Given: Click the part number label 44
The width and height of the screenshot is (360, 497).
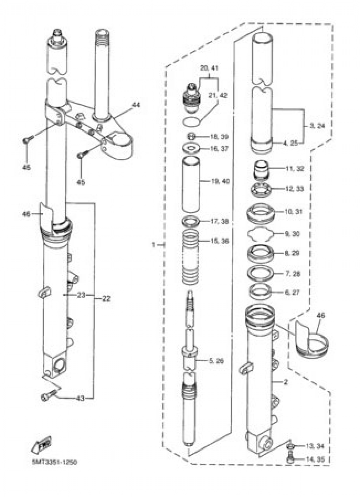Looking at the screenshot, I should [136, 105].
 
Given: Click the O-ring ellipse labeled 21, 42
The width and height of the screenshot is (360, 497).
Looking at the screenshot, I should [191, 122].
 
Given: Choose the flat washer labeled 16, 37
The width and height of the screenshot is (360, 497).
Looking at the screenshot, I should [191, 148].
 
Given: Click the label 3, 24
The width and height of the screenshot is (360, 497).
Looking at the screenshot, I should [317, 126].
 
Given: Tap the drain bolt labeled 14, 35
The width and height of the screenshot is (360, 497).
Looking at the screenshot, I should [291, 459].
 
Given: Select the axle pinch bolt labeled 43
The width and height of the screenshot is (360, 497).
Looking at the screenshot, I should [48, 396].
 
